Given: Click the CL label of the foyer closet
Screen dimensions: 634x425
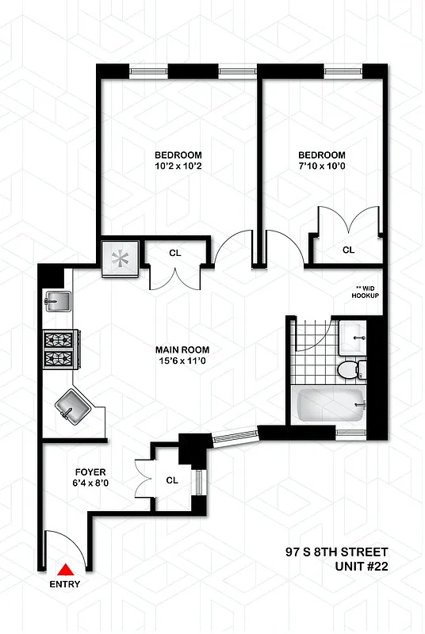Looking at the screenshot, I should (172, 479).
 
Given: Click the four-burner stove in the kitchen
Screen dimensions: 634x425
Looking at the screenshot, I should (59, 349).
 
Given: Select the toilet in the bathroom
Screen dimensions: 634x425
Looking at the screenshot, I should (350, 369).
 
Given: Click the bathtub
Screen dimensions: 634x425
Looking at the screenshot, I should (329, 407).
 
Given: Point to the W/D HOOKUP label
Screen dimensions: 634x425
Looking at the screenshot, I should (366, 292).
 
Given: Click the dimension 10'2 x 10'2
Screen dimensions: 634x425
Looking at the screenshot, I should (178, 167).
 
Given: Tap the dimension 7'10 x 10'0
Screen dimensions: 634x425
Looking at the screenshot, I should (321, 167).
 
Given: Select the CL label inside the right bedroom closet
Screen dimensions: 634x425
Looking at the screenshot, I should (348, 250).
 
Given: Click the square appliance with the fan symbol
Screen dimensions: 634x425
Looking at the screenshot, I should (121, 258).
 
